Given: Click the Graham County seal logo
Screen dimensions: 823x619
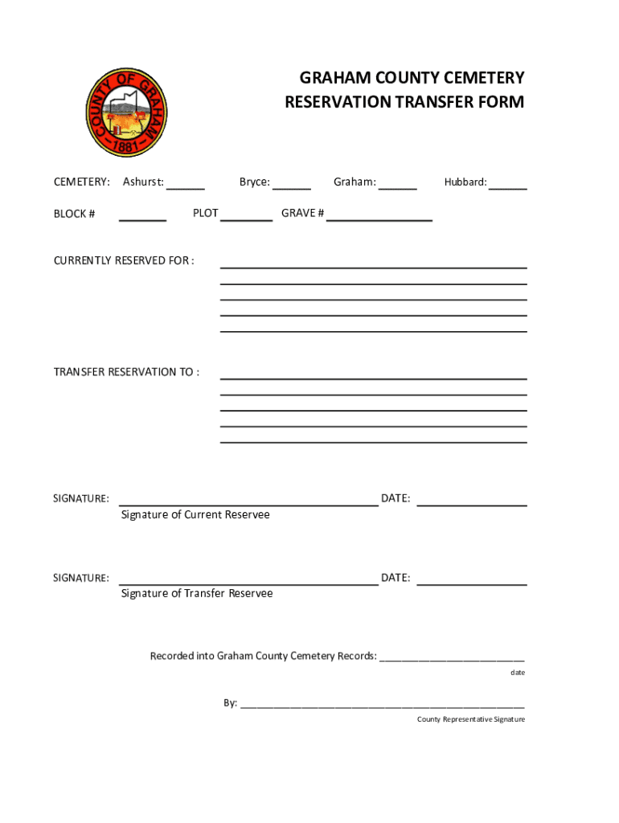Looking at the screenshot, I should coord(127,112).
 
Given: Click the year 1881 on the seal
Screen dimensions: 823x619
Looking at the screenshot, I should coord(127,146).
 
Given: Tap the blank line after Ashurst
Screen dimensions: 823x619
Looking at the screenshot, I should coord(186,187).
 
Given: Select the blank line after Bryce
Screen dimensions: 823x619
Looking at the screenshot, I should coord(292,187).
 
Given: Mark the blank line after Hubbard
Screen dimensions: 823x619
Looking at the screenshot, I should coord(508,187).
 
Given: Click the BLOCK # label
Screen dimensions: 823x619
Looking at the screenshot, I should coord(75,214).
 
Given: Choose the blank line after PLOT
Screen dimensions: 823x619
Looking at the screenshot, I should coord(246,219).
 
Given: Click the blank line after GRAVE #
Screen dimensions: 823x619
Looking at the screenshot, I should coord(379,219).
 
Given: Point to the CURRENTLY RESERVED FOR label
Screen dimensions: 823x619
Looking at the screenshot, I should coord(124,260).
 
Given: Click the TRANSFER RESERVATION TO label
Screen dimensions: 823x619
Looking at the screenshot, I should coord(126,372).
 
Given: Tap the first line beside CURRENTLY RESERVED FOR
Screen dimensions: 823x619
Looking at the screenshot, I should coord(373,266).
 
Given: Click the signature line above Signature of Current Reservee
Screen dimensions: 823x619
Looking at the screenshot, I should coord(248,505).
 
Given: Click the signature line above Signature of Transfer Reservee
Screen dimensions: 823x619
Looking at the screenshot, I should coord(248,584).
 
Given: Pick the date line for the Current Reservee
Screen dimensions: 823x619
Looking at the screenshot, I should coord(472,505).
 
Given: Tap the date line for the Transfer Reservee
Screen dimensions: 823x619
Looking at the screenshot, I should coord(472,584).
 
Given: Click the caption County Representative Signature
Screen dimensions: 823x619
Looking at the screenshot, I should coord(470,719).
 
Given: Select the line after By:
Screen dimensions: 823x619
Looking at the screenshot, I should coord(383,707).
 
